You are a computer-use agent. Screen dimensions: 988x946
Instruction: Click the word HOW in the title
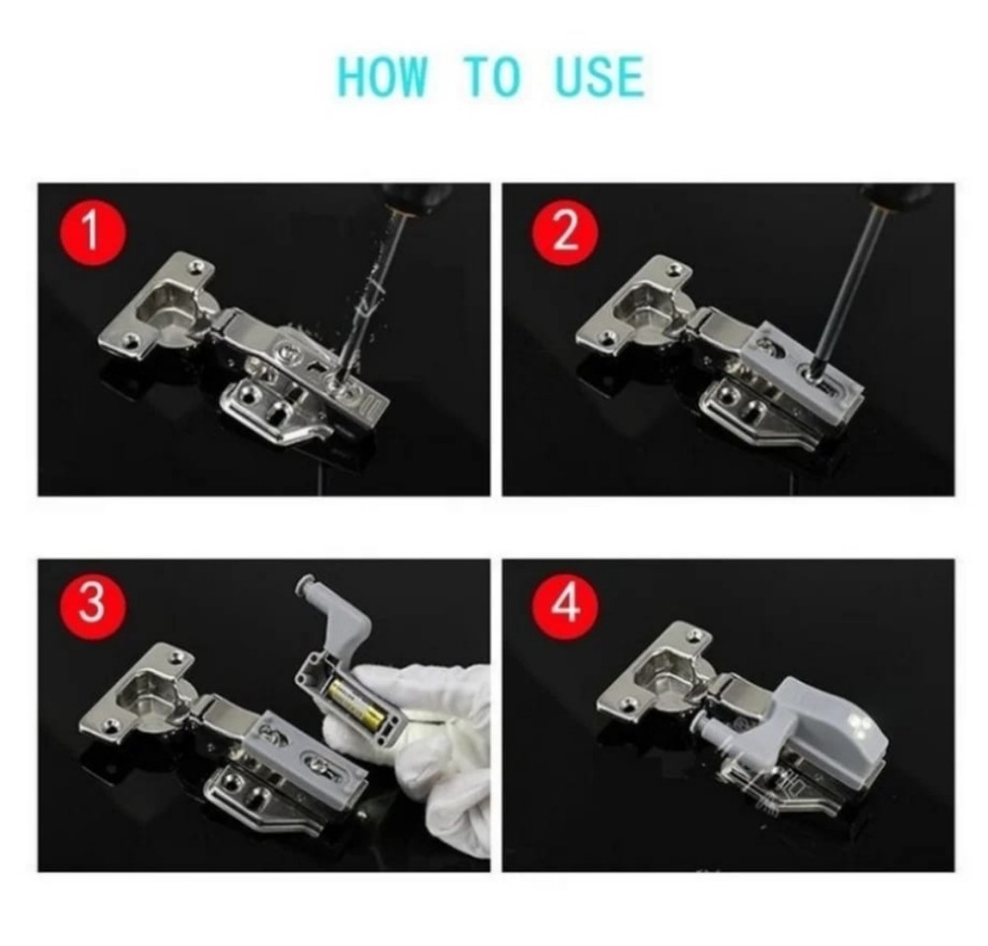[x=383, y=76]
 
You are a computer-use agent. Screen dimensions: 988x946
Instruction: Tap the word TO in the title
[x=493, y=76]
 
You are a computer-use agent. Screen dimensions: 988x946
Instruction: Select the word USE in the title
[x=600, y=76]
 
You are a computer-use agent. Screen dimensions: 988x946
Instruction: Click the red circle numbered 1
[x=92, y=232]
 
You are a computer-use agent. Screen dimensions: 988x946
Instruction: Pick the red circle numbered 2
[x=565, y=232]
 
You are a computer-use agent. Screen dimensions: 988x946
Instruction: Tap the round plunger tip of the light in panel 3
[x=307, y=583]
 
